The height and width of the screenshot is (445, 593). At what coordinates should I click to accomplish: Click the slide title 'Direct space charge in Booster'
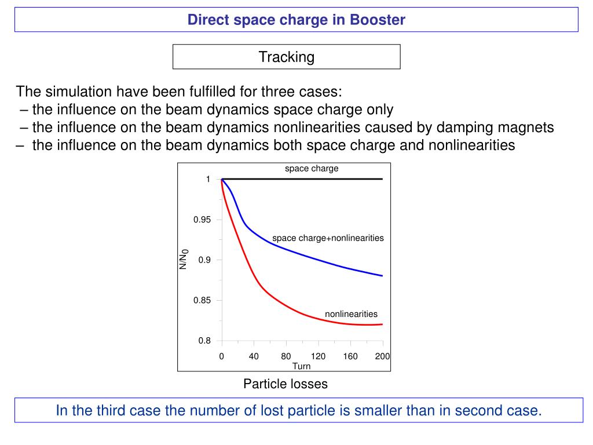coord(296,20)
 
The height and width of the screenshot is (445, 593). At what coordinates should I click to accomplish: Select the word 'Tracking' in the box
coord(286,57)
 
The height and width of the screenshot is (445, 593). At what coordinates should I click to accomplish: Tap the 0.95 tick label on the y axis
coord(203,220)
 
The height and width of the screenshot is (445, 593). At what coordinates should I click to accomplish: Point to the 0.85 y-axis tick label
coord(203,300)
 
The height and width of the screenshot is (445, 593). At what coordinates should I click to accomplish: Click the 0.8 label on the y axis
coord(204,341)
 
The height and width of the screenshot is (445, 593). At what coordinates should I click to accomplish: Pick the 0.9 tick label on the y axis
coord(204,260)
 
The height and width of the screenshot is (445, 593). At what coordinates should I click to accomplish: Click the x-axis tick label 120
coord(318,356)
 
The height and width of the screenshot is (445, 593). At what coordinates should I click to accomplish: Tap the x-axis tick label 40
coord(254,356)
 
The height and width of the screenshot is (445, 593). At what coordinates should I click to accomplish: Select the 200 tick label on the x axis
coord(382,356)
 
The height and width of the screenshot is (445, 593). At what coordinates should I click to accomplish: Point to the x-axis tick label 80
coord(286,356)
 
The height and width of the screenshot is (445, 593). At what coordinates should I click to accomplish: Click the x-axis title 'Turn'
coord(301,366)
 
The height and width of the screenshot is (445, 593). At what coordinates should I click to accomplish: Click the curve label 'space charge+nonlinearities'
coord(328,238)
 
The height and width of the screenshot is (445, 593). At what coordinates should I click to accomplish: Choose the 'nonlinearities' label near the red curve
coord(351,314)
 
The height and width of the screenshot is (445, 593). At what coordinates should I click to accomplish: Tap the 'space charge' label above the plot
coord(312,169)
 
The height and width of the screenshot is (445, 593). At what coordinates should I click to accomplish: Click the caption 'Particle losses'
coord(285,384)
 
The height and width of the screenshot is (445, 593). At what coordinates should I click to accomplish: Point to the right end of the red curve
coord(382,324)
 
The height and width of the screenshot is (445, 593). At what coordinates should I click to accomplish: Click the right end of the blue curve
coord(382,276)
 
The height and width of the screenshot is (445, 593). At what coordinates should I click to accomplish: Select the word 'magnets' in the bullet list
coord(529,127)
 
